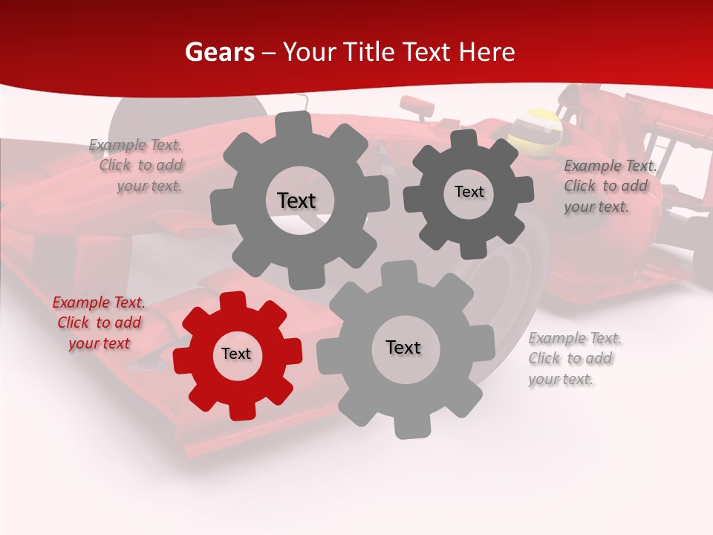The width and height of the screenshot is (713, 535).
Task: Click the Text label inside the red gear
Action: tap(236, 354)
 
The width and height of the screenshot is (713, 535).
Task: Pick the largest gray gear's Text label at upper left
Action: tap(296, 201)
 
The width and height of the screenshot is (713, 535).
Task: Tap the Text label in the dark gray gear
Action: tap(469, 192)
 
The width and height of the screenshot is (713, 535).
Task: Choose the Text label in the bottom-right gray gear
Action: tap(403, 347)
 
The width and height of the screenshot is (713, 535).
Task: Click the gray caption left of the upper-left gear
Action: tap(136, 166)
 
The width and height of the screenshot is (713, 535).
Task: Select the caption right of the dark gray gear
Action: tap(609, 186)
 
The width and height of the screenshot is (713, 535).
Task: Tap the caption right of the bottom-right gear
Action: tap(574, 358)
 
